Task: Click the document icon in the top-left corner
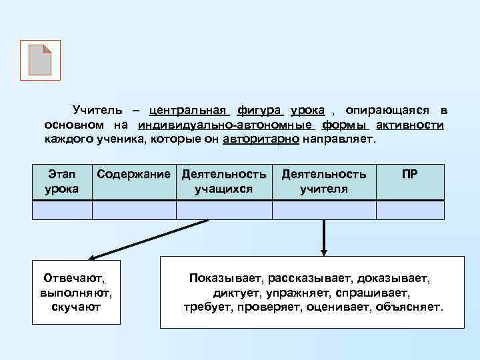tap(41, 60)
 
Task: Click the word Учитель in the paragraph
tap(97, 109)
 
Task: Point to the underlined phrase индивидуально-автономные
tap(226, 125)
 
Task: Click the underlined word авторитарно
tap(261, 140)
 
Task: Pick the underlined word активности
tap(410, 125)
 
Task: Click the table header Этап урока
tap(62, 181)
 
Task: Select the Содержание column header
tap(134, 175)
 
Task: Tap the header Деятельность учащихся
tap(224, 181)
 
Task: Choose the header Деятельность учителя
tap(324, 181)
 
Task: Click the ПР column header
tap(410, 175)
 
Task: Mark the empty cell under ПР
tap(410, 210)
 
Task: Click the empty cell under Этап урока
tap(62, 210)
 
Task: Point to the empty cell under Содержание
tap(134, 210)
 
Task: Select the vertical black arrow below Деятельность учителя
tap(324, 237)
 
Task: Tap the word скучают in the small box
tap(76, 307)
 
